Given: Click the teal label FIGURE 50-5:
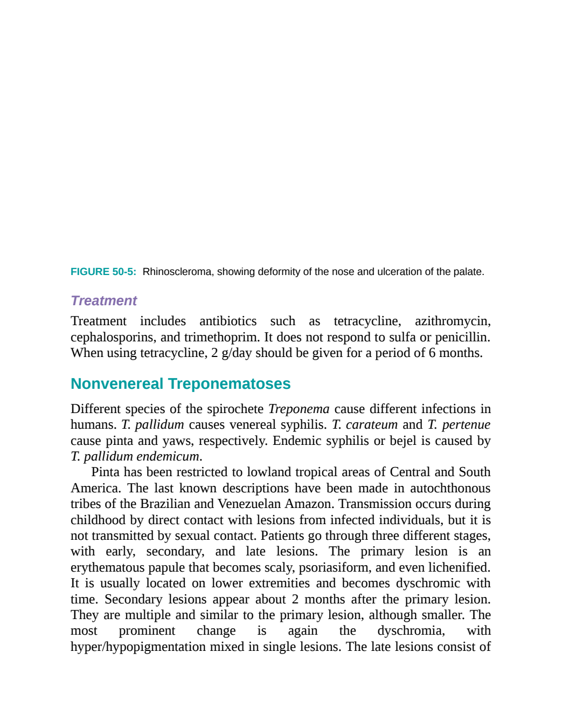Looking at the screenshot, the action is tap(103, 272).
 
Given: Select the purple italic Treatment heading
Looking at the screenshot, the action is tap(104, 301).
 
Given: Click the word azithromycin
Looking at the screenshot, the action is tap(453, 321).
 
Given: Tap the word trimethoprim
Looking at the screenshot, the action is tap(222, 338).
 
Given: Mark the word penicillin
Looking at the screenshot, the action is tap(463, 338).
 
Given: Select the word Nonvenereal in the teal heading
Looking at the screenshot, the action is tap(117, 384).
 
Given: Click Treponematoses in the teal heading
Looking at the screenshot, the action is tap(230, 384).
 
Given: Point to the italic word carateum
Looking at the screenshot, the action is tap(372, 425).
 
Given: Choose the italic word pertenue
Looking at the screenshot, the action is tap(466, 425).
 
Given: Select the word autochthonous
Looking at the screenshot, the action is tap(450, 489).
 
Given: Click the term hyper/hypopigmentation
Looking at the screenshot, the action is tap(138, 647).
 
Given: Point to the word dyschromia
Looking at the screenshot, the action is tap(411, 631).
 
